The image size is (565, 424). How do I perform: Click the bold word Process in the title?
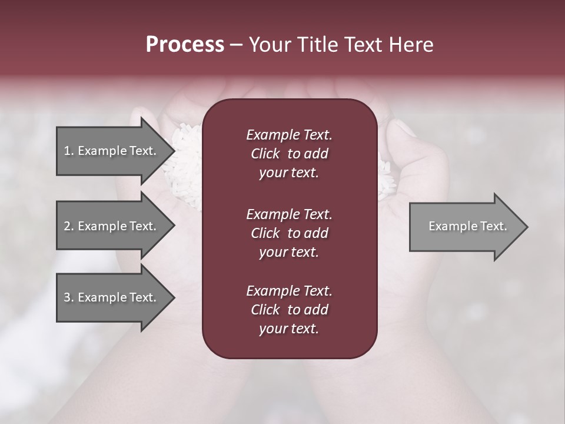185,45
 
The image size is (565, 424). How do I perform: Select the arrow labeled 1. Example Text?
112,151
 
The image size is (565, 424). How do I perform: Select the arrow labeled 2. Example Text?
112,226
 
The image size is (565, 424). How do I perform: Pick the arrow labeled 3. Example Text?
112,297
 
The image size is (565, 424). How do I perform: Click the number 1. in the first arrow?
69,151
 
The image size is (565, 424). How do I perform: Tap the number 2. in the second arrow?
69,226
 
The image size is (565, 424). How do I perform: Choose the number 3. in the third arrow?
69,297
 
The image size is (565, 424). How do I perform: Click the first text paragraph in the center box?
289,154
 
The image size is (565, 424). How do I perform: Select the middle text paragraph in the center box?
289,233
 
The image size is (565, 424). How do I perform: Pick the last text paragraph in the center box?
289,310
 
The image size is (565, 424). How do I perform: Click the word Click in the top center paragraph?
265,154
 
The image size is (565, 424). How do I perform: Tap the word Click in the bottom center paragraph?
265,310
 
